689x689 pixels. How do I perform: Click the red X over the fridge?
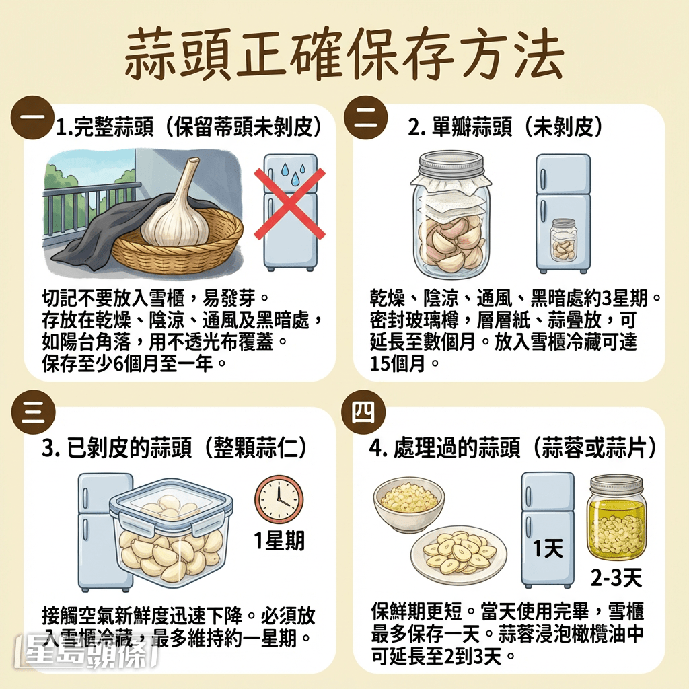coord(289,204)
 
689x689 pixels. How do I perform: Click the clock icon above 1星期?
coord(279,501)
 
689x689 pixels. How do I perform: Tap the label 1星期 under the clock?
coord(279,540)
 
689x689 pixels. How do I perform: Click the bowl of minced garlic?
coord(409,502)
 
